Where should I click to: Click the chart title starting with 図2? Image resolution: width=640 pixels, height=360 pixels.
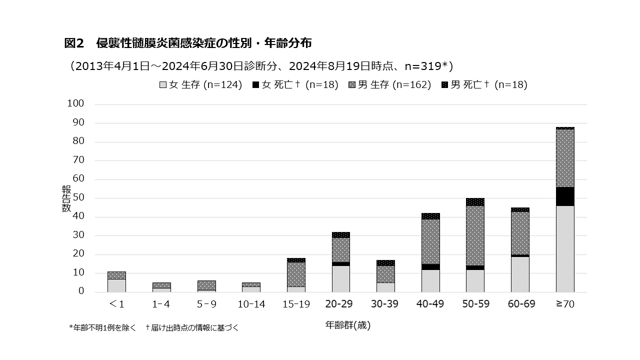pos(188,43)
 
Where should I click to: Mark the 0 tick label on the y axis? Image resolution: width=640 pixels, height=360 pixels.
pos(80,291)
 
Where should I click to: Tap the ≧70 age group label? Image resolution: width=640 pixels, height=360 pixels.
pos(565,304)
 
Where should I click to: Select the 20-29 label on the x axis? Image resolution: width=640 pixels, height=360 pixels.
pos(340,304)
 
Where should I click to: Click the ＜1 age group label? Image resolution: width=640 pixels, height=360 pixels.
pos(116,304)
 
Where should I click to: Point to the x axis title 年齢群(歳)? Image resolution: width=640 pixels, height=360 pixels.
pos(348,325)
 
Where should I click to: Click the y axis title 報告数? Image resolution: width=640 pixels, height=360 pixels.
pos(66,198)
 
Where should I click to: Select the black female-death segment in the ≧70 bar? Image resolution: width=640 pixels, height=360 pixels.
pos(565,196)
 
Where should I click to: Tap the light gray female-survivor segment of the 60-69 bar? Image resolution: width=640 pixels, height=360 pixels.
pos(520,274)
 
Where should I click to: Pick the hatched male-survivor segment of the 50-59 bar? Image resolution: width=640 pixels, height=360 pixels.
pos(475,235)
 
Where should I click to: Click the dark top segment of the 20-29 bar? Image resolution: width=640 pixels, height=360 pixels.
pos(340,234)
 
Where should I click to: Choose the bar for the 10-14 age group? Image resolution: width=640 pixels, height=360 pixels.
pos(251,287)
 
